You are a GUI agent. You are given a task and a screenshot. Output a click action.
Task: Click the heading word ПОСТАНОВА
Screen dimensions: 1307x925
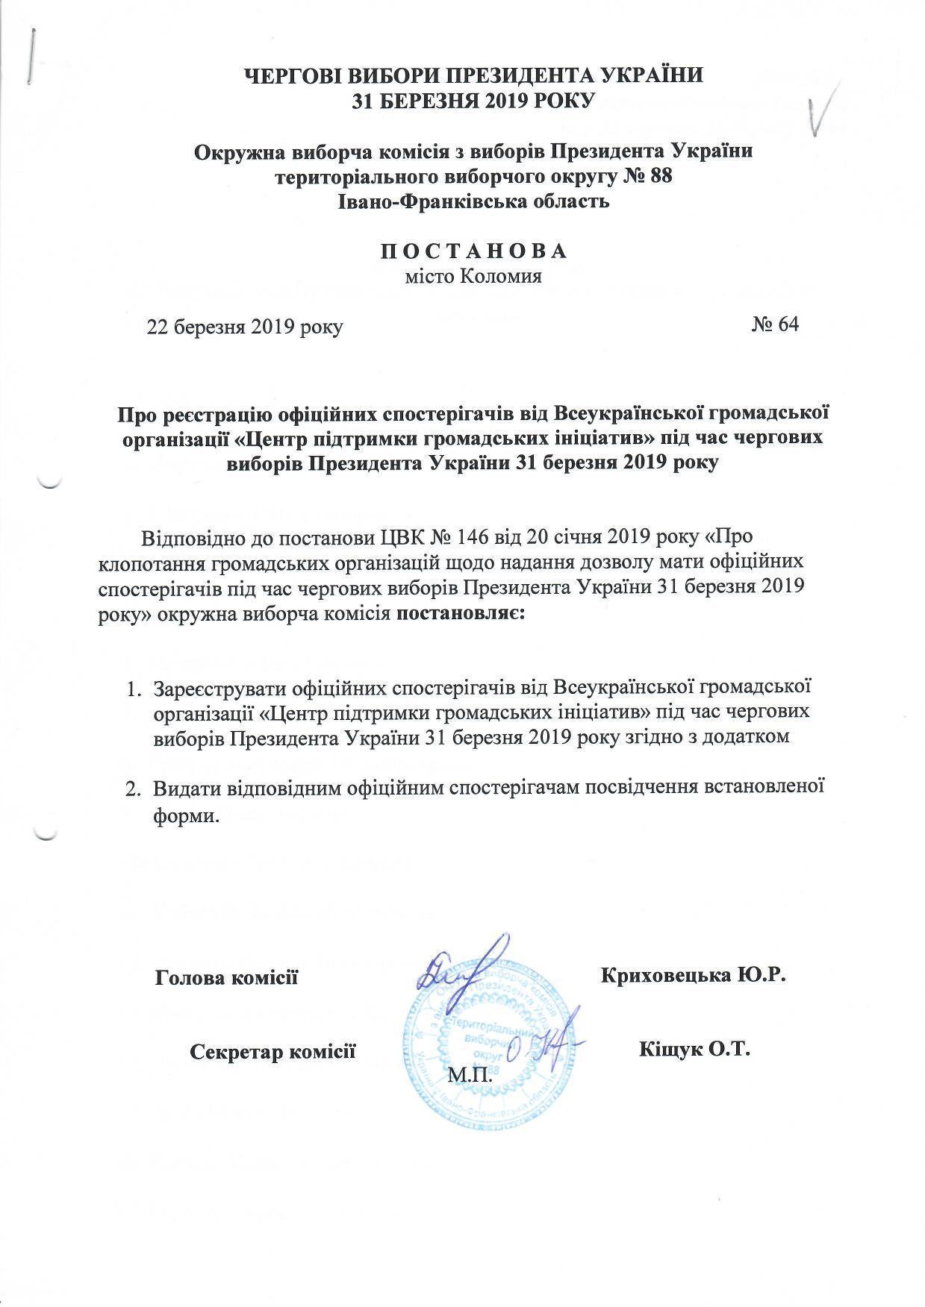[x=474, y=251]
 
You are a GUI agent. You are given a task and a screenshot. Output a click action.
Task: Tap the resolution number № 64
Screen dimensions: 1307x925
[x=775, y=325]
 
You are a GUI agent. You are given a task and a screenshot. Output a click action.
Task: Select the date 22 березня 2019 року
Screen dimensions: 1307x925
[x=245, y=327]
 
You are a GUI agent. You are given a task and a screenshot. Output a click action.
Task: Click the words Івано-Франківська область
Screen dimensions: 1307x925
[x=474, y=201]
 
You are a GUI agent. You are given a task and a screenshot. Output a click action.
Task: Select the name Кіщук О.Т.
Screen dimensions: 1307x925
[x=694, y=1050]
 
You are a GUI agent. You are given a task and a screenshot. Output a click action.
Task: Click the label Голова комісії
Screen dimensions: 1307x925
[x=226, y=977]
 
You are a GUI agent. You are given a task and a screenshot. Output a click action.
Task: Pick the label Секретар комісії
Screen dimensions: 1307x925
[x=272, y=1052]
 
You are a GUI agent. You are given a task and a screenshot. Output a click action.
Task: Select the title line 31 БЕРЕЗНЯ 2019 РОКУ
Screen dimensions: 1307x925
[x=474, y=100]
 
